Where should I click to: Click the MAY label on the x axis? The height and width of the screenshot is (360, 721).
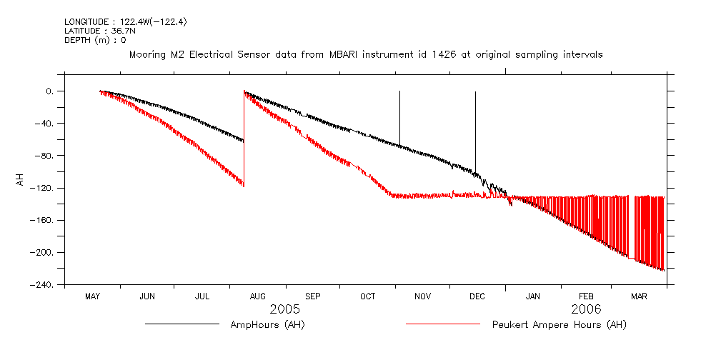coord(92,296)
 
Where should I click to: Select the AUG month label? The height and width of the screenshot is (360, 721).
coord(257,296)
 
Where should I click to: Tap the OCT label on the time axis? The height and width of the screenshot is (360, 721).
coord(367,296)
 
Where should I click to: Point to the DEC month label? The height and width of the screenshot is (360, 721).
coord(477,296)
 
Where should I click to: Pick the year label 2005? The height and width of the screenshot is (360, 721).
coord(284,309)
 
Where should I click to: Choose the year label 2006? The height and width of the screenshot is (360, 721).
coord(586,309)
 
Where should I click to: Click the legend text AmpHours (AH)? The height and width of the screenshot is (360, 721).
coord(268,325)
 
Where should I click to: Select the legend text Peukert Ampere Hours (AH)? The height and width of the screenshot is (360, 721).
coord(559,325)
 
